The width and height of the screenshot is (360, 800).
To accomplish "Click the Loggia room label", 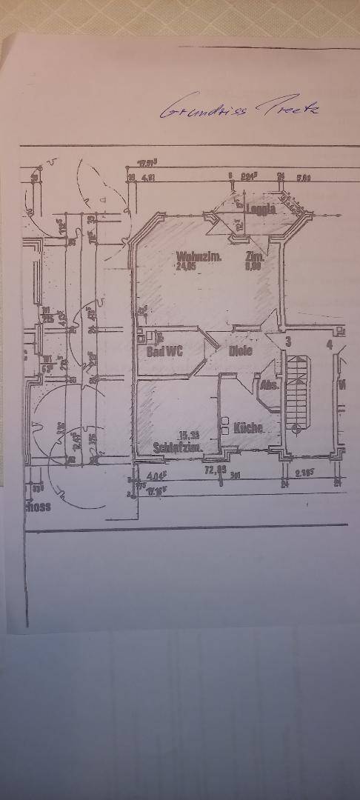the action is tap(261, 209).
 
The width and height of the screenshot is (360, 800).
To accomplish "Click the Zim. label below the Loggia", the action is tap(255, 257).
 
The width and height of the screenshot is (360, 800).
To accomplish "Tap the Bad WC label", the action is tap(164, 351).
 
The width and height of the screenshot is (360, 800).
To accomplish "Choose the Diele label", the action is tap(240, 351).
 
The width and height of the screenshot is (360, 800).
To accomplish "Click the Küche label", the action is tap(248, 428).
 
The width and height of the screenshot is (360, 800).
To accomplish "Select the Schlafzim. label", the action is tap(174, 447).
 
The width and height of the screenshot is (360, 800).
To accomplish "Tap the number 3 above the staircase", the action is tap(289, 341).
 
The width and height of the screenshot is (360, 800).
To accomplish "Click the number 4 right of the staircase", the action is tap(329, 344).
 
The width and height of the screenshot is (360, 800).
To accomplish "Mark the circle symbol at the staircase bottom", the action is tap(296, 427).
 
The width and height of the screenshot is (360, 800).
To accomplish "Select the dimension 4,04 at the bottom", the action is tap(155, 476).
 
